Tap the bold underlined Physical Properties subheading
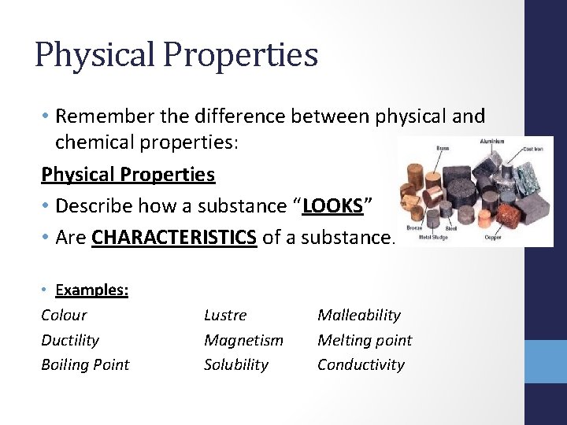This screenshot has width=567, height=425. pyautogui.click(x=128, y=174)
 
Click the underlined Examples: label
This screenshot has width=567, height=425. pyautogui.click(x=92, y=290)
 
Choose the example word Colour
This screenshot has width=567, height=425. pyautogui.click(x=64, y=315)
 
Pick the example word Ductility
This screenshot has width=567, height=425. pyautogui.click(x=70, y=340)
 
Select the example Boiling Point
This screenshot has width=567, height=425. pyautogui.click(x=84, y=364)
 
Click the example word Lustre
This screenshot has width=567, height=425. pyautogui.click(x=225, y=315)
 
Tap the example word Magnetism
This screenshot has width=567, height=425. pyautogui.click(x=243, y=340)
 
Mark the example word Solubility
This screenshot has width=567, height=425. pyautogui.click(x=235, y=364)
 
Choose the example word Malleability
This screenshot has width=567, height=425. pyautogui.click(x=358, y=315)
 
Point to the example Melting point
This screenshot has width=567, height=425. pyautogui.click(x=364, y=340)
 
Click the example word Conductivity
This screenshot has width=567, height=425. pyautogui.click(x=361, y=364)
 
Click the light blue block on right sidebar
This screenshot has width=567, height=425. pyautogui.click(x=546, y=361)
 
